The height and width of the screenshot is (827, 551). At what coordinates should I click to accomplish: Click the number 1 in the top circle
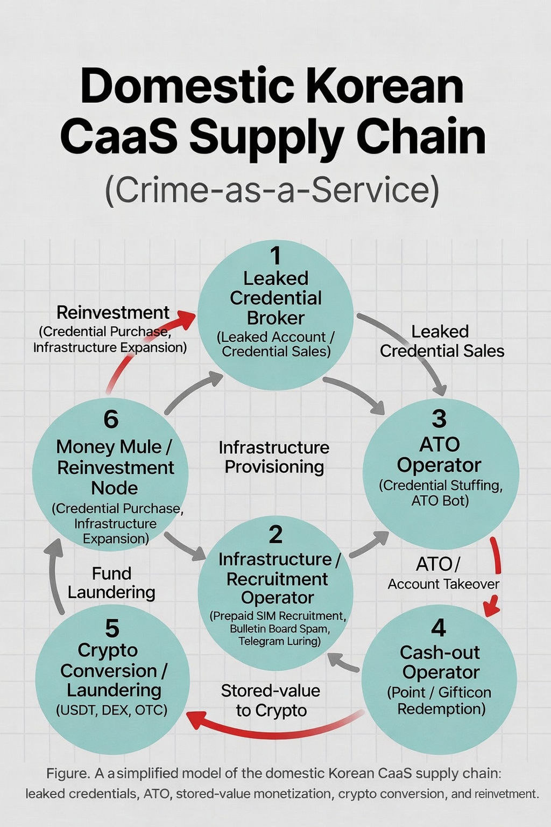(275, 256)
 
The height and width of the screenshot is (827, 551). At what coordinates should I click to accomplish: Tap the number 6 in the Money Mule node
(111, 419)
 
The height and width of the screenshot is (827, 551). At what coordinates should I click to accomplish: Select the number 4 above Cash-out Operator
(439, 628)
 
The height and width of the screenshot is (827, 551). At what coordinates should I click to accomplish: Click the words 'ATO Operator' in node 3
(439, 454)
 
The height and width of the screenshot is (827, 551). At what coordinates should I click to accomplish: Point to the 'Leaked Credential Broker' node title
(275, 298)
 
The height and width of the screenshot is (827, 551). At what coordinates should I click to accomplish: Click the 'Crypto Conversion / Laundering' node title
(113, 670)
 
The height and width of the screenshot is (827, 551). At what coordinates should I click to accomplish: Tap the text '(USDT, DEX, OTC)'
(112, 710)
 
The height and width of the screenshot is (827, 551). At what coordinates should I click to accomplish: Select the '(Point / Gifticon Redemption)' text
(440, 700)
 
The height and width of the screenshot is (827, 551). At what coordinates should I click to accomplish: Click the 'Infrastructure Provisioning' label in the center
(274, 457)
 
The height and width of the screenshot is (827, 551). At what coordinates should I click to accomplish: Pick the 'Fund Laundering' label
(111, 583)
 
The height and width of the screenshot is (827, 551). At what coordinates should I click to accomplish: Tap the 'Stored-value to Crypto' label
(271, 700)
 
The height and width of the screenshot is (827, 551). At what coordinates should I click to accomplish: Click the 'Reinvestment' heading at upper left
(113, 312)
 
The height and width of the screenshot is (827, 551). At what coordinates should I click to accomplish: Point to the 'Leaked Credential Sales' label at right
(442, 341)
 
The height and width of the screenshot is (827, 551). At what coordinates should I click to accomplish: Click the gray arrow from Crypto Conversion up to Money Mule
(54, 576)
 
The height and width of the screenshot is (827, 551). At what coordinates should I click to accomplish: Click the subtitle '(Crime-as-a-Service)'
(272, 190)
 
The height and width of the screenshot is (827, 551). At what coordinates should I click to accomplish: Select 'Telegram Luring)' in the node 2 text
(279, 641)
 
